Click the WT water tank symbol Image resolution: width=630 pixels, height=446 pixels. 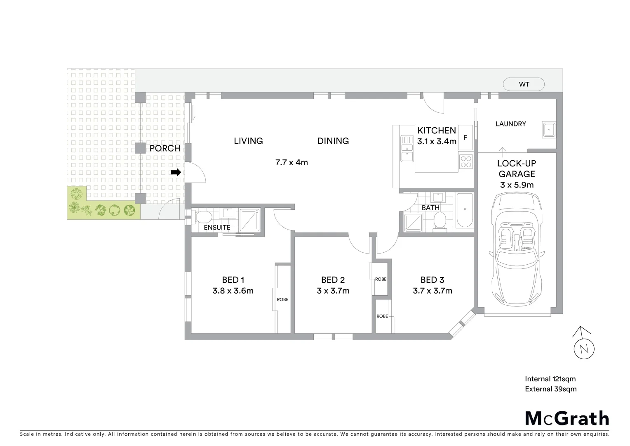pos(524,84)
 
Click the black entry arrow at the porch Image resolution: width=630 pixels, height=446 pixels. pos(176,173)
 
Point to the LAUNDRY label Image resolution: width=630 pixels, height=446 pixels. pos(510,124)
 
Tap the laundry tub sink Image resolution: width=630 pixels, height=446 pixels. pos(549,130)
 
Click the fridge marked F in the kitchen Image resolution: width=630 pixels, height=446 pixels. pos(465,138)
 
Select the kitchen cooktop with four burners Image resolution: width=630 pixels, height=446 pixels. pos(466,161)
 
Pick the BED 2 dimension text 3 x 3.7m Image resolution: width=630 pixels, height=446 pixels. pos(333,291)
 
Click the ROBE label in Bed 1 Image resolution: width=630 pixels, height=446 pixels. pos(282,299)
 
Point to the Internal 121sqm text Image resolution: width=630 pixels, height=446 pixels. pos(550,379)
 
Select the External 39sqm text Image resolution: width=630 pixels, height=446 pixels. pos(550,389)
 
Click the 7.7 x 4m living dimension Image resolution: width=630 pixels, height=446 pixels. pos(291,162)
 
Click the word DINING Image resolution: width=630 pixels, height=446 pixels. pos(333,141)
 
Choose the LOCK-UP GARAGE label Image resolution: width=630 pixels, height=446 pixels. pos(517,168)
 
